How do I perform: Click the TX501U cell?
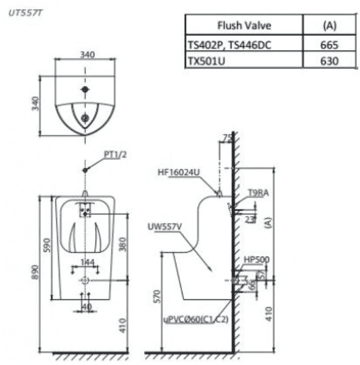click(x=206, y=60)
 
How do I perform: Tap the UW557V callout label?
click(x=163, y=227)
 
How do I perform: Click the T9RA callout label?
click(x=258, y=193)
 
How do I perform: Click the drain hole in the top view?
click(x=85, y=117)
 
